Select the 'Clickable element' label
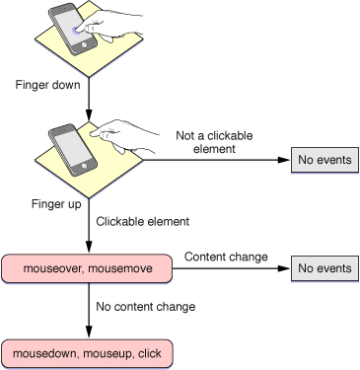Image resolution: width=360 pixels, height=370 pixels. pos(144,222)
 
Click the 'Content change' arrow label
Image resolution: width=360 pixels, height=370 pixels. pos(226,257)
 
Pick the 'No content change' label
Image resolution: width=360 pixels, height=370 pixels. pos(146,307)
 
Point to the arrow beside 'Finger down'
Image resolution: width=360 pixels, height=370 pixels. pos(89,96)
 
